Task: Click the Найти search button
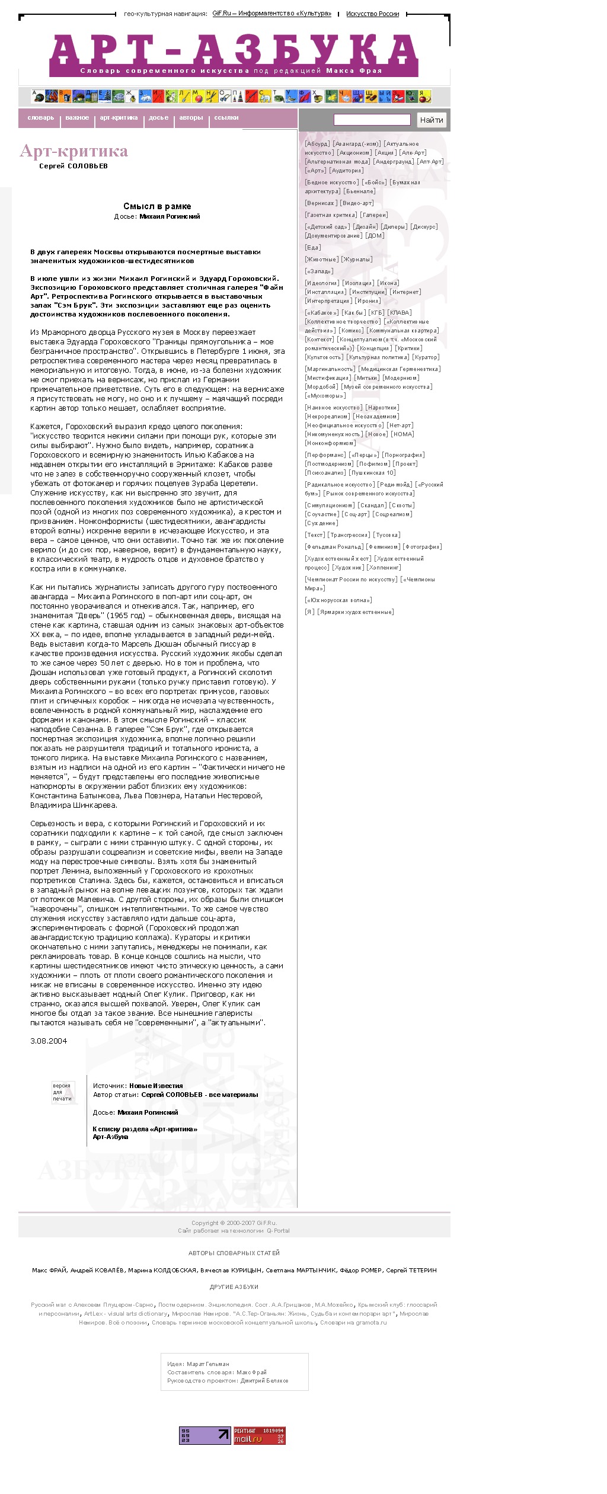click(x=432, y=120)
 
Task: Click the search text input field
click(x=372, y=120)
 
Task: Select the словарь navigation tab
click(x=40, y=118)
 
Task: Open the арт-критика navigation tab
click(x=119, y=118)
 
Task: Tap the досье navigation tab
click(x=158, y=118)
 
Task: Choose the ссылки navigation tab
click(x=226, y=118)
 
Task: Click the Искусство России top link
click(x=372, y=14)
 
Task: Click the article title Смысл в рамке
click(x=157, y=206)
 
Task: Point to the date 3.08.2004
click(x=49, y=1041)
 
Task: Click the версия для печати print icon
click(x=62, y=1092)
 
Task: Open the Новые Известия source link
click(x=156, y=1086)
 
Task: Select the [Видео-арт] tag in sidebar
click(x=357, y=203)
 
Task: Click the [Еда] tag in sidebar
click(x=312, y=248)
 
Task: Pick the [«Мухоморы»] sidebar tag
click(x=325, y=396)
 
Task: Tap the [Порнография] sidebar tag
click(x=403, y=455)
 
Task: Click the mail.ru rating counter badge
click(x=260, y=1435)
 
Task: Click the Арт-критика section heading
click(x=74, y=151)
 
